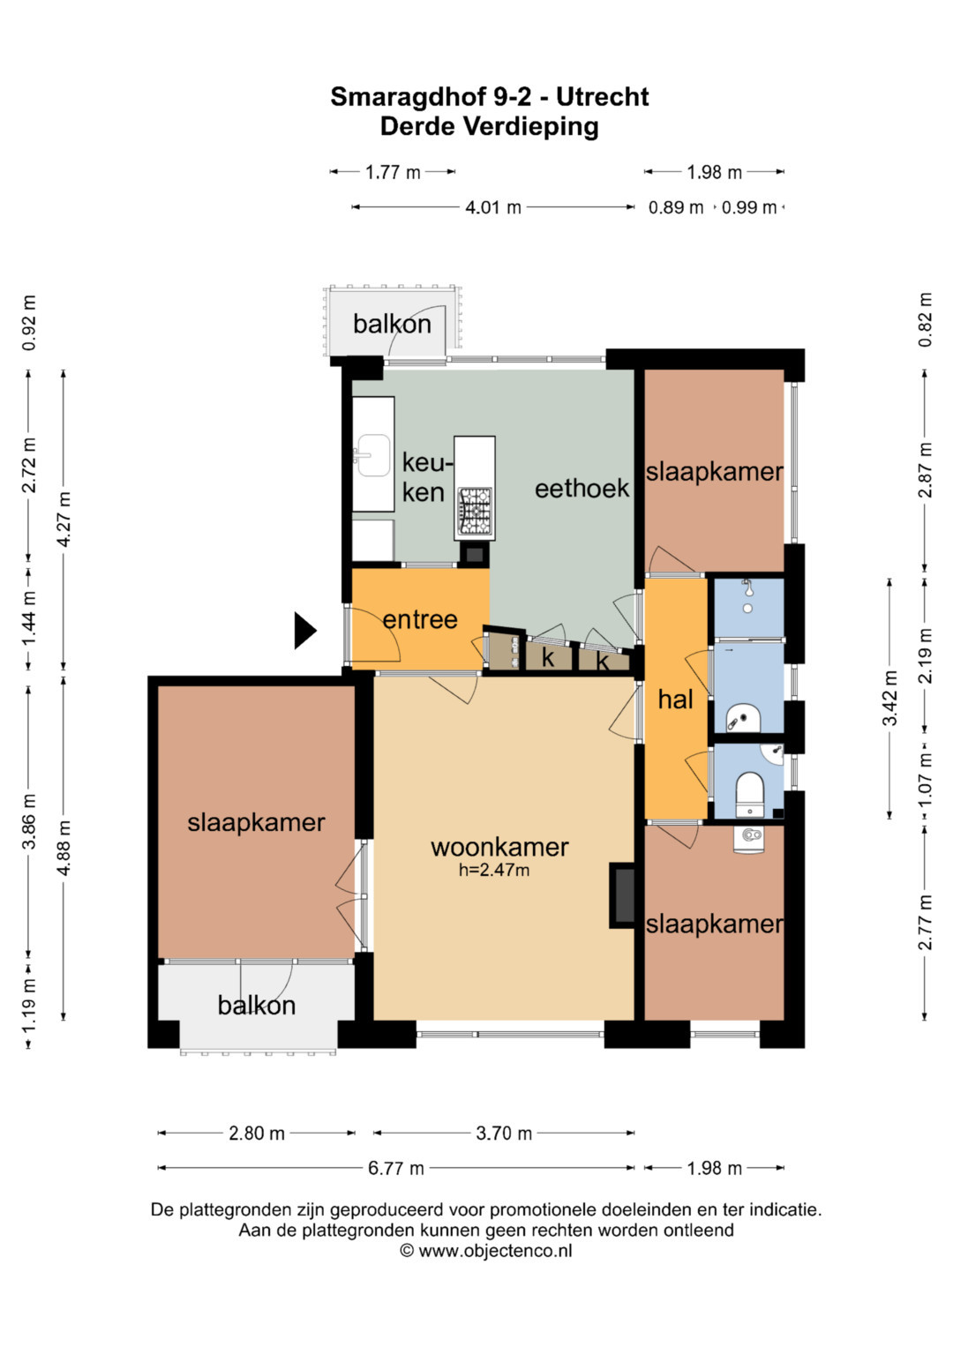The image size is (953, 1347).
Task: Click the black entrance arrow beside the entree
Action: tap(304, 630)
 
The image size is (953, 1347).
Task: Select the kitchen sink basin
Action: tap(372, 455)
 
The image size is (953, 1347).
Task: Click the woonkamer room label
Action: tap(499, 847)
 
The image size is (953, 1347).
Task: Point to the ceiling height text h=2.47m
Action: tap(494, 870)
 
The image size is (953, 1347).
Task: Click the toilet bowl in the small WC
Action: tap(750, 789)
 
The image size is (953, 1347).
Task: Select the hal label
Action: tap(675, 700)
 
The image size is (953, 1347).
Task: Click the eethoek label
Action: tap(582, 489)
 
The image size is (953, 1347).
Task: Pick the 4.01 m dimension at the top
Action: tap(492, 207)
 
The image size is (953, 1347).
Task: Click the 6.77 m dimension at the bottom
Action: tap(396, 1169)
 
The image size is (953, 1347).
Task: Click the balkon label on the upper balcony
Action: tap(392, 324)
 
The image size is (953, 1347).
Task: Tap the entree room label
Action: tap(420, 619)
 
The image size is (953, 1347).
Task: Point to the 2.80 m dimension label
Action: tap(256, 1134)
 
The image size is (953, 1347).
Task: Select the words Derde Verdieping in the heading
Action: tap(489, 126)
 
